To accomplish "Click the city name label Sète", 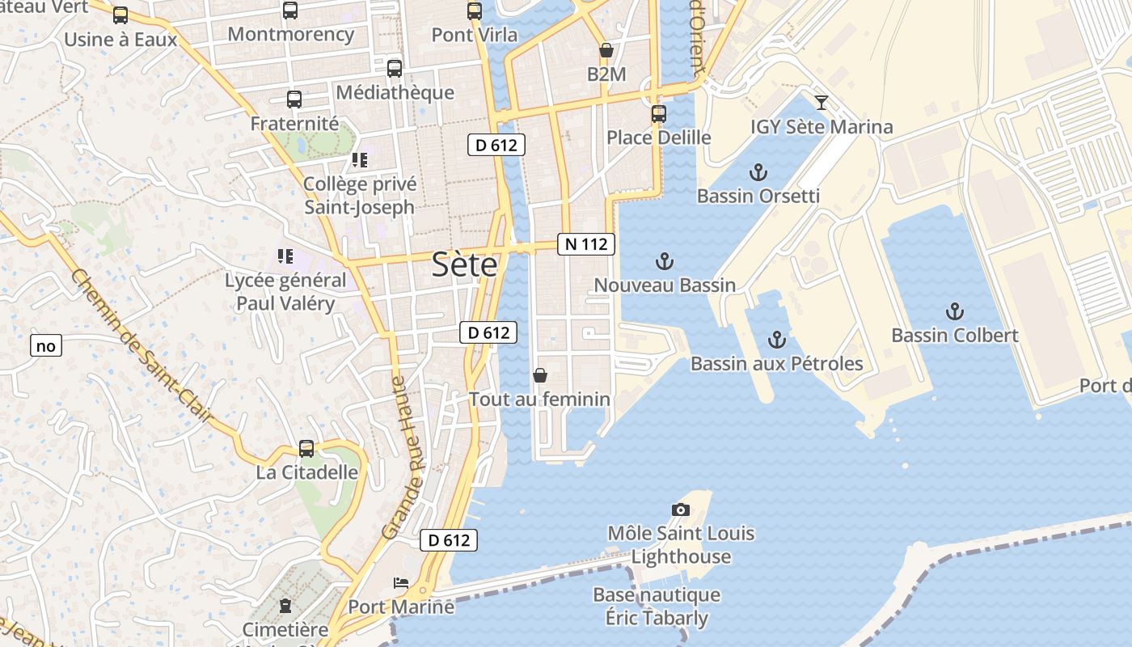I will tap(464, 264).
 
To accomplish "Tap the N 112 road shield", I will tap(586, 243).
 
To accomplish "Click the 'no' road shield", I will tap(46, 346).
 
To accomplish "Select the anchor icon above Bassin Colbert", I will tap(955, 311).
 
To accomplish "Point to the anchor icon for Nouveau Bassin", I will tap(664, 260).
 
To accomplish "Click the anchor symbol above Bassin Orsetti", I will tap(758, 171).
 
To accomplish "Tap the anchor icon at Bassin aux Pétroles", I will tap(776, 340).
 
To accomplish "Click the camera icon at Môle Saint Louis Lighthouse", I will tap(681, 510).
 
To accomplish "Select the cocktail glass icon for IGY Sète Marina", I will tap(822, 103).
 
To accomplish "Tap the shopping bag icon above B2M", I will tap(606, 51).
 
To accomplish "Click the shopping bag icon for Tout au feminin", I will tap(539, 375).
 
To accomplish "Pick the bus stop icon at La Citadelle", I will tap(306, 449).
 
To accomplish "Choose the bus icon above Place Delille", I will tap(659, 113).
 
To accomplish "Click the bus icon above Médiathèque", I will tap(395, 69).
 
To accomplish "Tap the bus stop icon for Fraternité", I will tap(294, 99).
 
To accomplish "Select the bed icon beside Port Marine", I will tap(400, 582).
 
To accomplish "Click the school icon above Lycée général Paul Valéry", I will tap(285, 256).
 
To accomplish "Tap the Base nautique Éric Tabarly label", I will tap(657, 607).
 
